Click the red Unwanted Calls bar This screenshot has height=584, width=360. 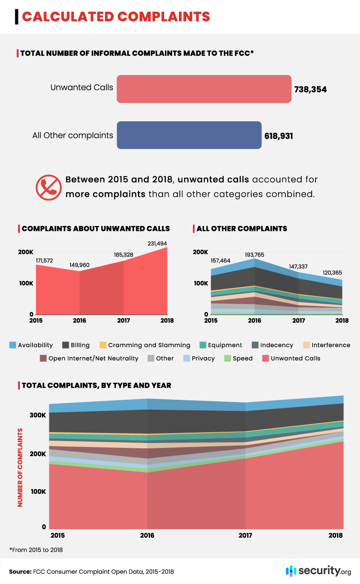pos(204,89)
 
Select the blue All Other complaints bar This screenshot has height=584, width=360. pos(189,135)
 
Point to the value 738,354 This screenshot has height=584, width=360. pos(310,89)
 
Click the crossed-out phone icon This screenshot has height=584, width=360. pos(48,187)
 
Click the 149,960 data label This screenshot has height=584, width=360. pos(80,265)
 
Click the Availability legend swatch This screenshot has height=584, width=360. pos(13,345)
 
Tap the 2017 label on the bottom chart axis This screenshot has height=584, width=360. pos(245,535)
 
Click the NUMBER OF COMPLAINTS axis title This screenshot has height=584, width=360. pos(20,467)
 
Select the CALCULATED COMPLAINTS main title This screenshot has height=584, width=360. pos(116,16)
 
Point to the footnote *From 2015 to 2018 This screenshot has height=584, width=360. pos(36,550)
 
